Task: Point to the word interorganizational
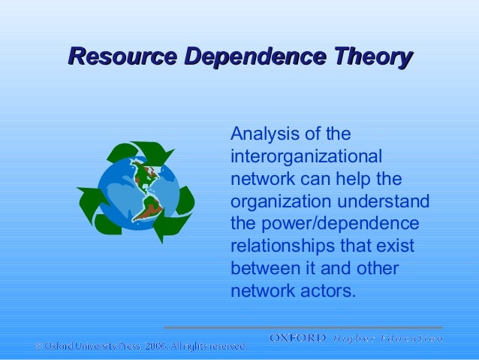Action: pos(306,157)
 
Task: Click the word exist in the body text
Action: pos(395,247)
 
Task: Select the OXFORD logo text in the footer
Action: pos(298,339)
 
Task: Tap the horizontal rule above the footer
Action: pos(303,328)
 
